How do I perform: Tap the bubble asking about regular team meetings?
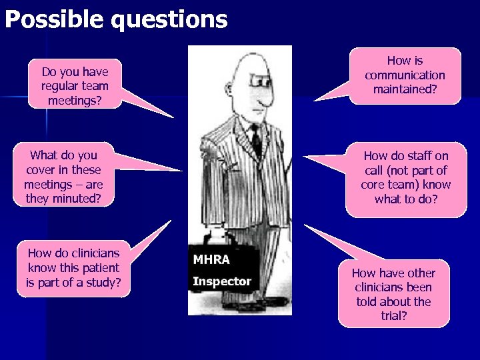(75, 85)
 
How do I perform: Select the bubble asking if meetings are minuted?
(63, 176)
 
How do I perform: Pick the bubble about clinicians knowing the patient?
(73, 268)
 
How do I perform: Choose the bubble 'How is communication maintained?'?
(405, 75)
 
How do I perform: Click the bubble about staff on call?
(406, 177)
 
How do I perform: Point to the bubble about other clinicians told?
(393, 294)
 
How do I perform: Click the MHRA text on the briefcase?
(211, 259)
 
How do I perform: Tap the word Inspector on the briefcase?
(222, 281)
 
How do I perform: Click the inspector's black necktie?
(255, 141)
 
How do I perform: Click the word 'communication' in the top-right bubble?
(405, 75)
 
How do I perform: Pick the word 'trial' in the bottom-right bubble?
(393, 316)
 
